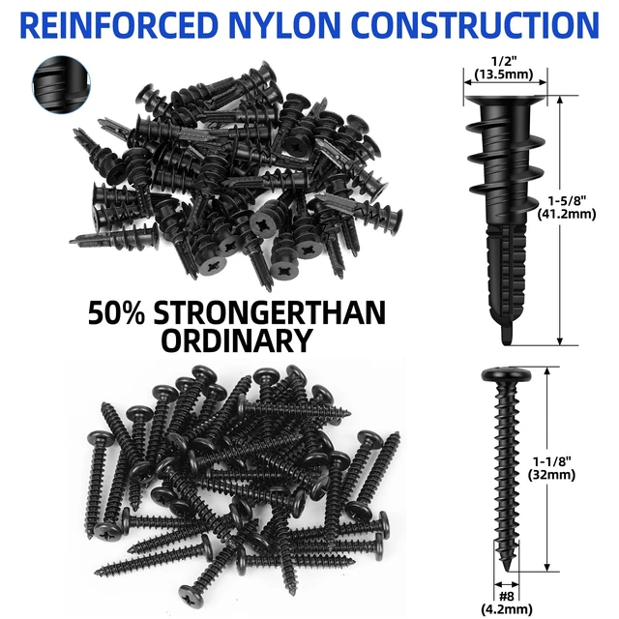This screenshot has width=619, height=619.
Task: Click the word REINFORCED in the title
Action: (x=119, y=25)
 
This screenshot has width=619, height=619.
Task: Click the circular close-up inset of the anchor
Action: (x=61, y=84)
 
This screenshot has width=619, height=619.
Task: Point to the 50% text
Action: (x=116, y=313)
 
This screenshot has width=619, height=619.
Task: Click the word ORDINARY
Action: (x=237, y=340)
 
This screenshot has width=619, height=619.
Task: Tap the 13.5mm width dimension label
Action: (x=504, y=74)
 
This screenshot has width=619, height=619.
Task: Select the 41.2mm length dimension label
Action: (x=567, y=214)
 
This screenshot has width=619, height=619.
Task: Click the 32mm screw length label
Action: (x=552, y=475)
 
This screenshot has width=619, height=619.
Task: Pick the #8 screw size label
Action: (x=506, y=596)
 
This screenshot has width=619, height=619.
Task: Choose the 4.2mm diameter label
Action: (x=507, y=608)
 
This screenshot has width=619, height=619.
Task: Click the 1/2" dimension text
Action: (x=504, y=61)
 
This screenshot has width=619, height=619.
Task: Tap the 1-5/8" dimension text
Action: (x=567, y=200)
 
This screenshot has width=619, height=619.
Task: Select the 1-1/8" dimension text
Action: (x=552, y=461)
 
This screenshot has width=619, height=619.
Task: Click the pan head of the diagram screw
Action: (x=506, y=374)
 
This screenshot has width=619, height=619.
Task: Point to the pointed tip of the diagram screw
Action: (x=507, y=569)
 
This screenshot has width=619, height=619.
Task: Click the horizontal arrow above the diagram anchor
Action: (x=505, y=82)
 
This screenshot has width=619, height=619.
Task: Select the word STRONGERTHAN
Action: (x=270, y=313)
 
